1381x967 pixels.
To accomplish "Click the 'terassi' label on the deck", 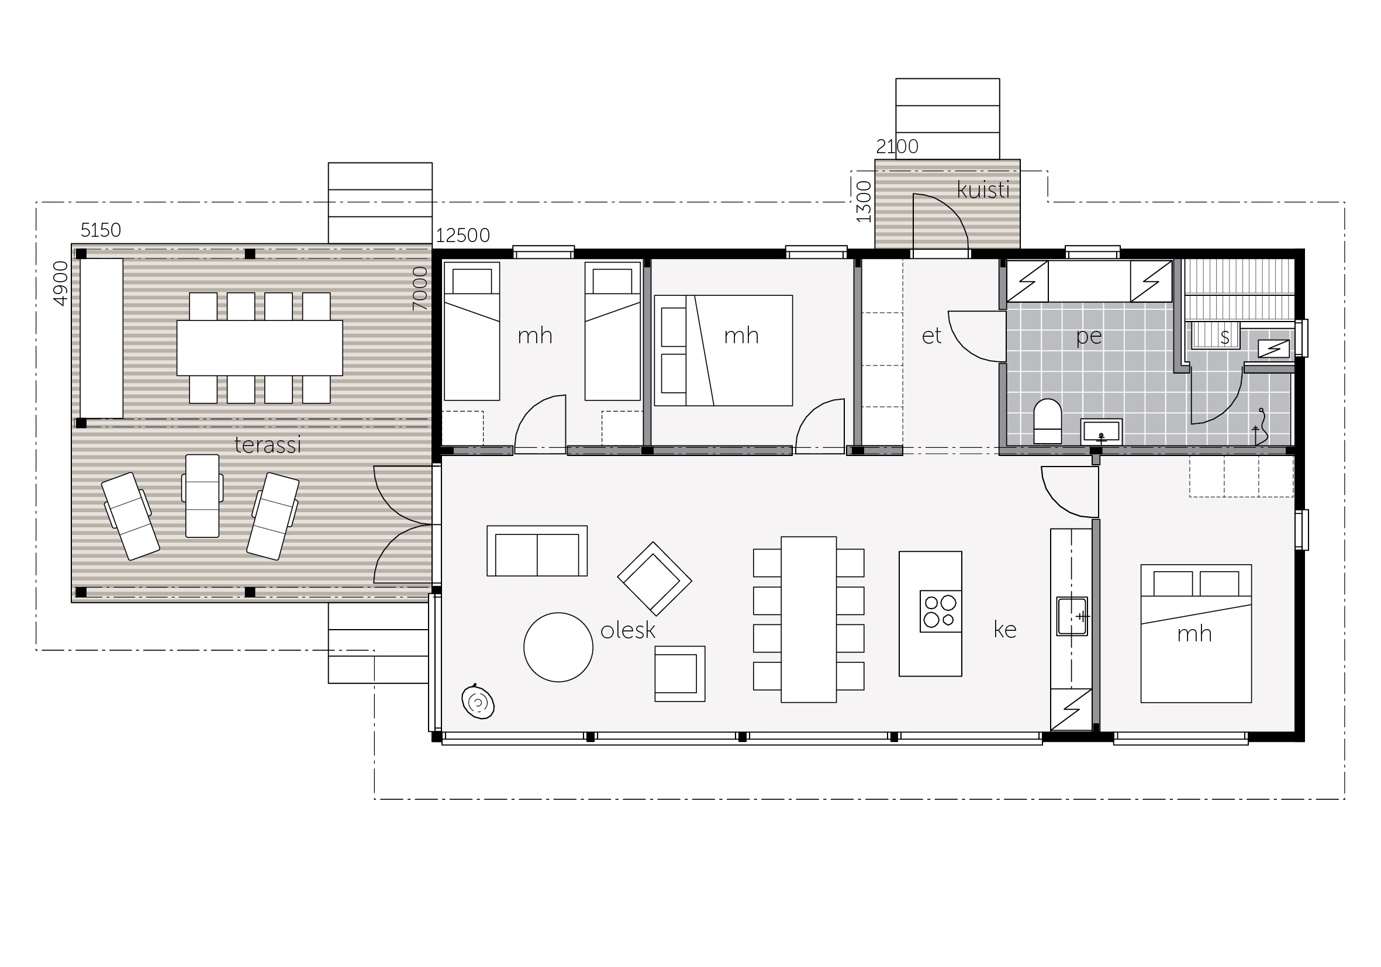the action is [268, 445].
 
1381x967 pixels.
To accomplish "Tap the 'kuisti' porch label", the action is [983, 190].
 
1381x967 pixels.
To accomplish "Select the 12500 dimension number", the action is [462, 235].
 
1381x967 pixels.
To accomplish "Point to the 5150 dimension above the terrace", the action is [101, 230].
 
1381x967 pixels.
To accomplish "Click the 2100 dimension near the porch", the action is [897, 146].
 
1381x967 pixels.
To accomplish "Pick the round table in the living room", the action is [558, 647].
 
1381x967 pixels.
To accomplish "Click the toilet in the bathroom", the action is [1047, 421].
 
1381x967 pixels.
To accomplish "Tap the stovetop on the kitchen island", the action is [940, 611].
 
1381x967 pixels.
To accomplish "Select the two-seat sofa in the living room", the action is [537, 551].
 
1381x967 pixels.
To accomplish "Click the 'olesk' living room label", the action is [628, 630].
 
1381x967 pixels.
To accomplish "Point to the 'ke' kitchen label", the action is [1005, 630].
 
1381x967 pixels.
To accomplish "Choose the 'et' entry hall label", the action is [932, 336].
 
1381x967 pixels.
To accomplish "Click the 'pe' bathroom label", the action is [1089, 337].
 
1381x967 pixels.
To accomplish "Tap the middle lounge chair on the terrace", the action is [202, 496].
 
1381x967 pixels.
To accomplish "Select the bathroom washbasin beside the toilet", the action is [1102, 432].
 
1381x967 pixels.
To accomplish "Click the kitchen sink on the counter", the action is [1072, 616].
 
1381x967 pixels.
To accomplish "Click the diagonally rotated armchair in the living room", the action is [654, 579].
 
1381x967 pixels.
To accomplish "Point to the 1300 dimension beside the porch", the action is [864, 202].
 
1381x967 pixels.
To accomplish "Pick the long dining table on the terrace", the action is [259, 348].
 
